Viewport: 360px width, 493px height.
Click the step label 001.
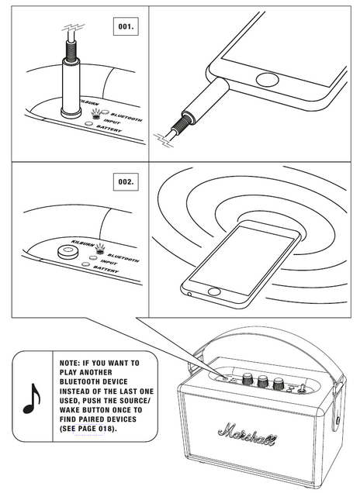[126, 26]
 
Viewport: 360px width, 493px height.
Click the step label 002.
[126, 181]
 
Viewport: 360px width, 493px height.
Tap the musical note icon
[32, 398]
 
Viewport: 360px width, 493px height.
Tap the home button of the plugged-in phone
[268, 80]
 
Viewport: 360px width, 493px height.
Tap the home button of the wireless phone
[214, 291]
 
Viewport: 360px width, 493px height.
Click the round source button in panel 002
[67, 251]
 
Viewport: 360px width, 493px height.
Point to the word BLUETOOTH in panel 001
[126, 117]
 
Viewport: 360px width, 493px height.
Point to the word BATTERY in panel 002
[106, 269]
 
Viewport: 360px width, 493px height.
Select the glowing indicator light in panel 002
[100, 249]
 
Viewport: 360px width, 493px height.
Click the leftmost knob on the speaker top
[247, 379]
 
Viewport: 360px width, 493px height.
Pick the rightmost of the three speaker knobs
[279, 383]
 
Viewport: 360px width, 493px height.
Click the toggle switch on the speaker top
[301, 388]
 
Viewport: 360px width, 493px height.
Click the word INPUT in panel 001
[112, 122]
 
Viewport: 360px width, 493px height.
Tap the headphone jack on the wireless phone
[189, 295]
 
